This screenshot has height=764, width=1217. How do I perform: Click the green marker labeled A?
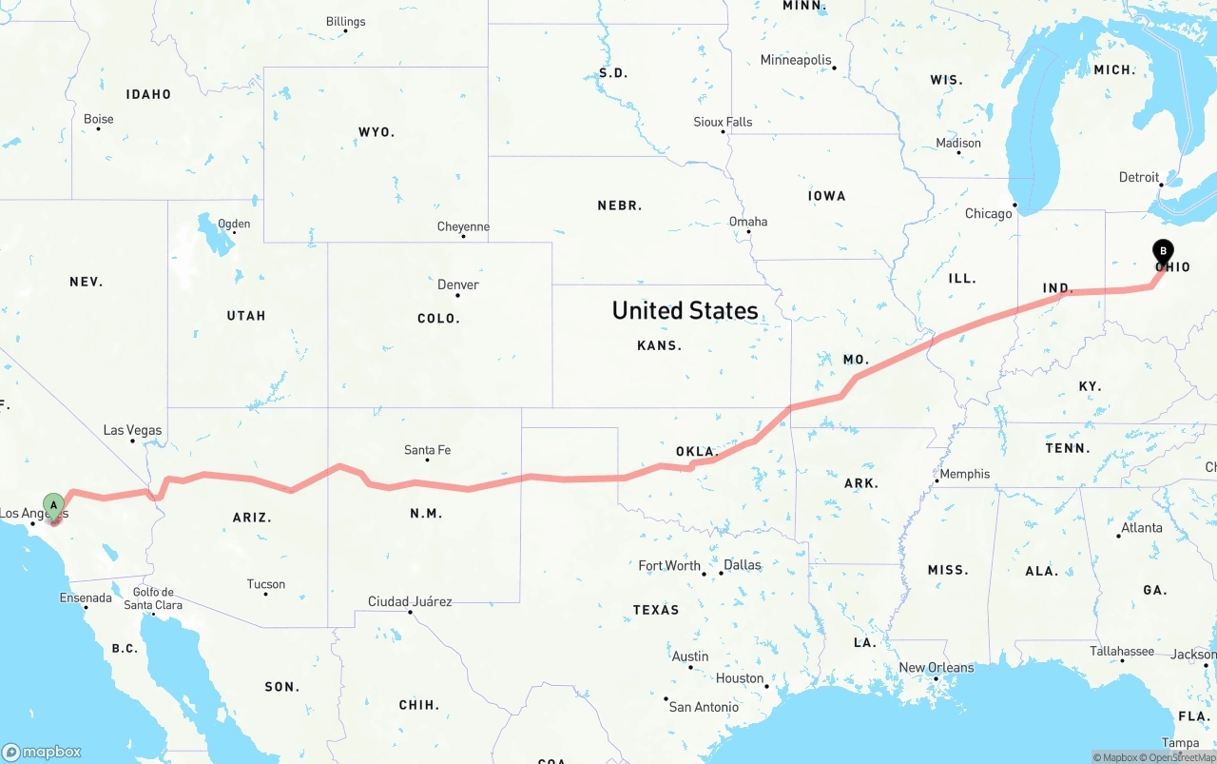(54, 505)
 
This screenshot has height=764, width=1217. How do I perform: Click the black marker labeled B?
(1162, 252)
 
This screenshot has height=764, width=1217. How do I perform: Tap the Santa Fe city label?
(427, 450)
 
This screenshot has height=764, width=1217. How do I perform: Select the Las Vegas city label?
(132, 430)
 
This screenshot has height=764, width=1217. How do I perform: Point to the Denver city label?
(457, 284)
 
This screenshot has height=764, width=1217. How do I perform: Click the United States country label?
(685, 310)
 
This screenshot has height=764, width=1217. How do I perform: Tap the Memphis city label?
(964, 474)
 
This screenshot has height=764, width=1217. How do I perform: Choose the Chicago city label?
(988, 213)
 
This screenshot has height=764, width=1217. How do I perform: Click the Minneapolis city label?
(796, 60)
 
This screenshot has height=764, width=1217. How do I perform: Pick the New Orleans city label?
(936, 667)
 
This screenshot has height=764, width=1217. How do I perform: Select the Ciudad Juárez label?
(410, 601)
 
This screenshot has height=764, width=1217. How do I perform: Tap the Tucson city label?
(265, 584)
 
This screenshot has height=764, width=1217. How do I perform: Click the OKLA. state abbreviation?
(695, 451)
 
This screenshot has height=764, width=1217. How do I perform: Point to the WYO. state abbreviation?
(377, 132)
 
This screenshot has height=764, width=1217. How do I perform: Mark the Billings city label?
(345, 22)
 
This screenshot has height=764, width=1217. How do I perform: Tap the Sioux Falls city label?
(723, 122)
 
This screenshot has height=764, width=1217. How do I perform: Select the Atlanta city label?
(1141, 528)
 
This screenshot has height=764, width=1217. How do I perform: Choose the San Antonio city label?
(704, 707)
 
